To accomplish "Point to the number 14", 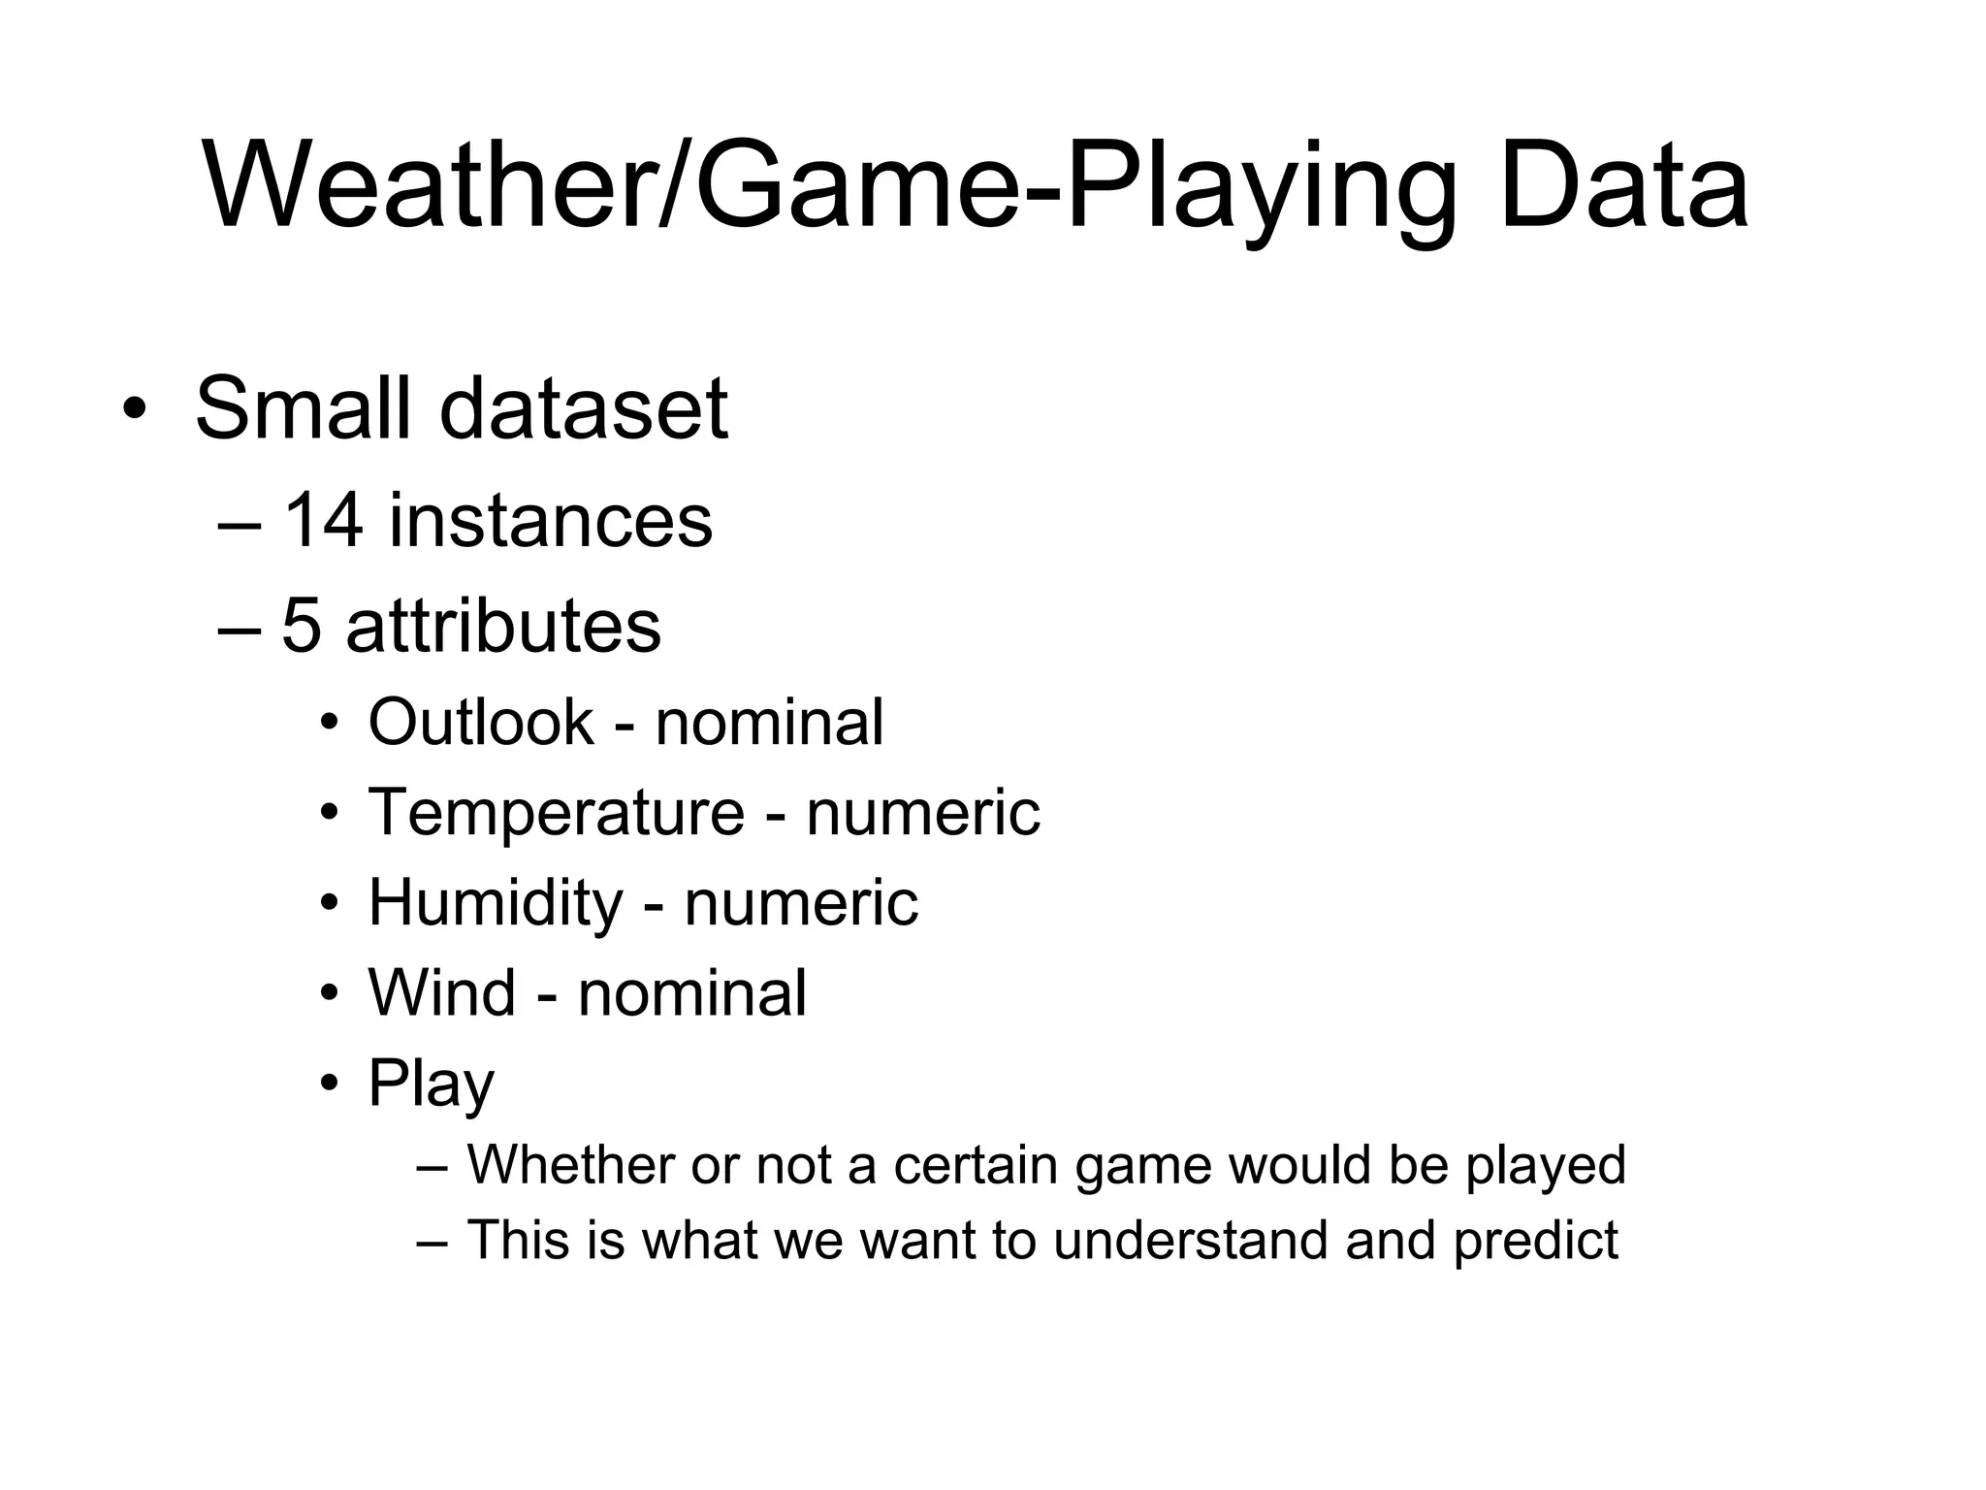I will [x=323, y=521].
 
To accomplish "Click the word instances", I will [x=550, y=521].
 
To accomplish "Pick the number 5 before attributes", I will [x=301, y=626].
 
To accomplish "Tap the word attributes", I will [x=503, y=626].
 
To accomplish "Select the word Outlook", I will [x=480, y=722].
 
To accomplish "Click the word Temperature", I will [x=556, y=812].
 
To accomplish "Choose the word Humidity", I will [x=496, y=903].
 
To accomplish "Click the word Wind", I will [x=441, y=993].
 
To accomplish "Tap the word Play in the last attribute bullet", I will [x=431, y=1085].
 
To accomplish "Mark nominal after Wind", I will [x=691, y=993].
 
